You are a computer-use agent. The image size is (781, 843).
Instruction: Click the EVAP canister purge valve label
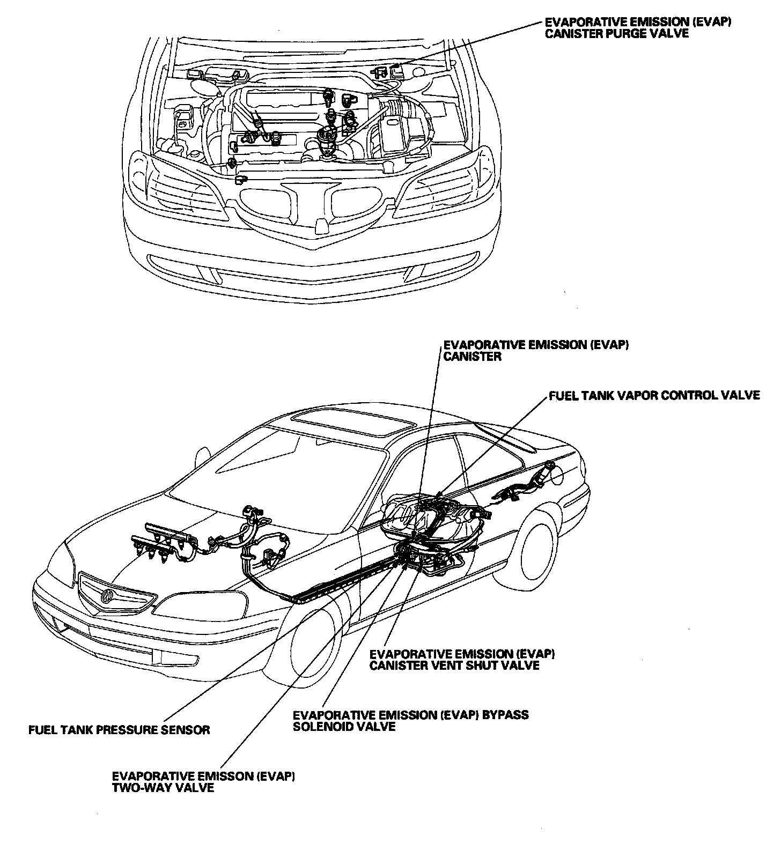click(x=638, y=27)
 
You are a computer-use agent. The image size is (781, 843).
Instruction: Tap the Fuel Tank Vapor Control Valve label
click(x=654, y=395)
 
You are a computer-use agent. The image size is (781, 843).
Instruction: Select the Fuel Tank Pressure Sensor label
click(x=119, y=730)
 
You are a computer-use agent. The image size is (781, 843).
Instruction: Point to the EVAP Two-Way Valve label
click(x=203, y=782)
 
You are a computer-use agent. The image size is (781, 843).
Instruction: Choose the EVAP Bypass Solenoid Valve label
click(x=410, y=721)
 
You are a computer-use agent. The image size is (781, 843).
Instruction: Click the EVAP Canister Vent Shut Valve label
click(x=462, y=660)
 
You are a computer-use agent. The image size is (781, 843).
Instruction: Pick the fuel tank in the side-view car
click(x=429, y=517)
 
